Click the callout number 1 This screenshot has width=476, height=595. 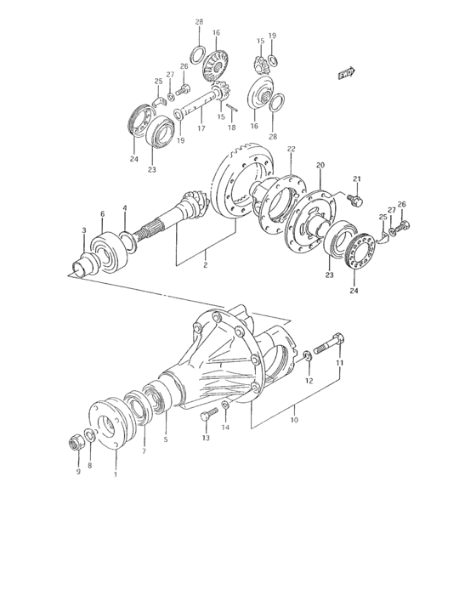pyautogui.click(x=116, y=475)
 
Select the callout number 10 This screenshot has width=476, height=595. pyautogui.click(x=293, y=419)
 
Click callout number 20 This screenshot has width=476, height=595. pyautogui.click(x=320, y=165)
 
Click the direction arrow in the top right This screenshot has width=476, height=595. pyautogui.click(x=345, y=75)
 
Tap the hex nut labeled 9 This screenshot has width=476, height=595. pyautogui.click(x=75, y=442)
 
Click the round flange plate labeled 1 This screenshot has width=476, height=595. pyautogui.click(x=108, y=422)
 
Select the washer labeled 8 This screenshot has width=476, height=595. pyautogui.click(x=90, y=436)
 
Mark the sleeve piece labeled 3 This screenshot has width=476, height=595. pyautogui.click(x=85, y=261)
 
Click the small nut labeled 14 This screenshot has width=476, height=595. pyautogui.click(x=225, y=406)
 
